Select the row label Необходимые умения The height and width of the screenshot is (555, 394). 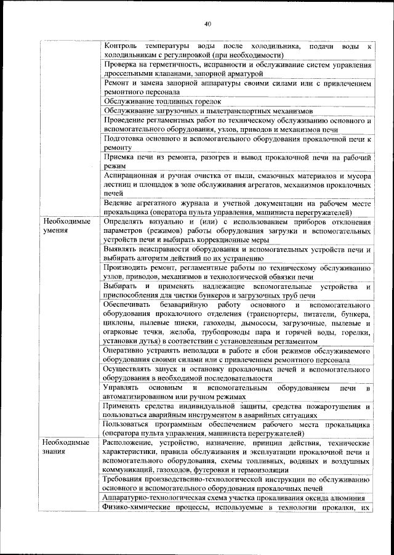point(66,225)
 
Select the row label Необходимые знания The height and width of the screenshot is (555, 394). point(66,448)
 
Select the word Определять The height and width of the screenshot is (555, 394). point(126,221)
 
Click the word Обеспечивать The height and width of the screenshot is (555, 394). point(129,305)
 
